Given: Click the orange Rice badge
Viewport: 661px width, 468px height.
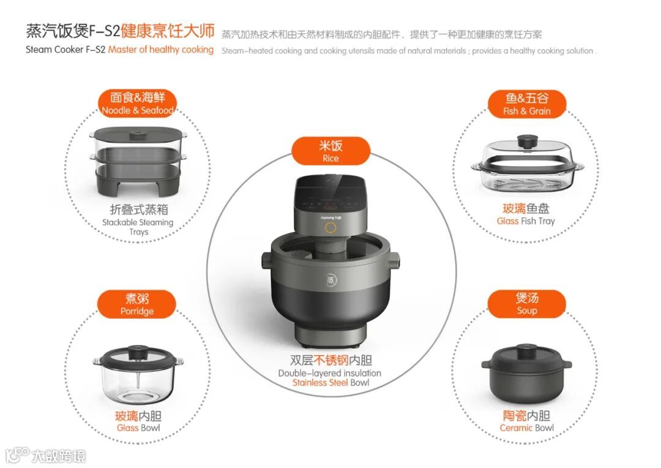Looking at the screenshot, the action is coord(330,151).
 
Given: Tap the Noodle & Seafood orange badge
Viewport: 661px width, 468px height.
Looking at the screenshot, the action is coord(137,104).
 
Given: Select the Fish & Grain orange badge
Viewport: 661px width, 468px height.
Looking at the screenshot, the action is coord(526,104).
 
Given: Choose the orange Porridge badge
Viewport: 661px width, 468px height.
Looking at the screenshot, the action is coord(136,304).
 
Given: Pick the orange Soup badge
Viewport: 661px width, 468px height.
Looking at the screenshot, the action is coord(526,303).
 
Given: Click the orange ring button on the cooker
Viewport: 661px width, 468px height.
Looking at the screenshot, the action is coord(330,228).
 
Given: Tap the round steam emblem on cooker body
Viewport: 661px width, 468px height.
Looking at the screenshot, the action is coord(331,280).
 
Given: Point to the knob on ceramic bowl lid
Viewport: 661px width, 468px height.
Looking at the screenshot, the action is coord(526,350).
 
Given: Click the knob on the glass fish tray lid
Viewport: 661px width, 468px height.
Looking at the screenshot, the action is coord(527,141).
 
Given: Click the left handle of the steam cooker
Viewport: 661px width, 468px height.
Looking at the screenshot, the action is coord(266,260).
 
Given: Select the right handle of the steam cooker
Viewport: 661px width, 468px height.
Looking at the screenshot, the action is coord(395,259).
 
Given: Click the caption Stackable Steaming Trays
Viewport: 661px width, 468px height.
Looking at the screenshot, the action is coord(138,227).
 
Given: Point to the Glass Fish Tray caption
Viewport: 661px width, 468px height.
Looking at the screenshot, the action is coord(526,221).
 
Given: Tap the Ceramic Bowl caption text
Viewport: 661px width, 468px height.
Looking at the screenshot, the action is coord(526,428).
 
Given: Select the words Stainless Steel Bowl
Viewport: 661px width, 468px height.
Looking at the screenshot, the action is coord(330,382).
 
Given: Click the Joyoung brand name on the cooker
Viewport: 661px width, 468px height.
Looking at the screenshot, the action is coord(330,217).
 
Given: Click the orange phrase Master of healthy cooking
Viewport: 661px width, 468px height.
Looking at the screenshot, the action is coord(160,50).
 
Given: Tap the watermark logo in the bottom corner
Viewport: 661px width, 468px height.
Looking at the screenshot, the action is coord(45,456).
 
